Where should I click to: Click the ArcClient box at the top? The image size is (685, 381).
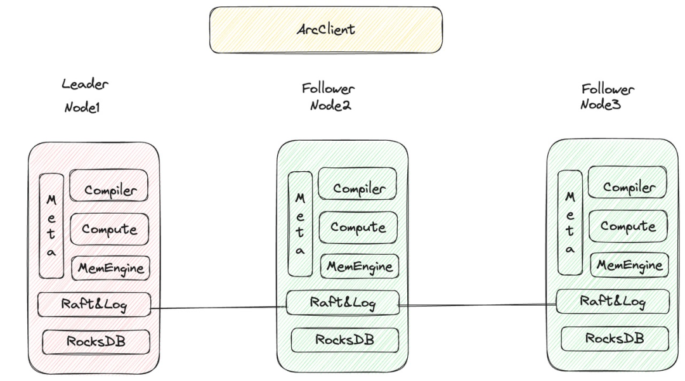click(326, 30)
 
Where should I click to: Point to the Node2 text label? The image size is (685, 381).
click(330, 105)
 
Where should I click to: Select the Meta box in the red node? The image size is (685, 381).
click(51, 225)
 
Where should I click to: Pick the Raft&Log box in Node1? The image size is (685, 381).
click(94, 305)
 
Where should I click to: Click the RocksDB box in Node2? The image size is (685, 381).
click(345, 340)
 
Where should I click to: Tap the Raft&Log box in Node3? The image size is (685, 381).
click(613, 301)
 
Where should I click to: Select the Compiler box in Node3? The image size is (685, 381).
click(628, 187)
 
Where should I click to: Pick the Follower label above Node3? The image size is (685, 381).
click(608, 88)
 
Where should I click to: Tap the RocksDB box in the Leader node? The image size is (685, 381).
click(96, 342)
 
